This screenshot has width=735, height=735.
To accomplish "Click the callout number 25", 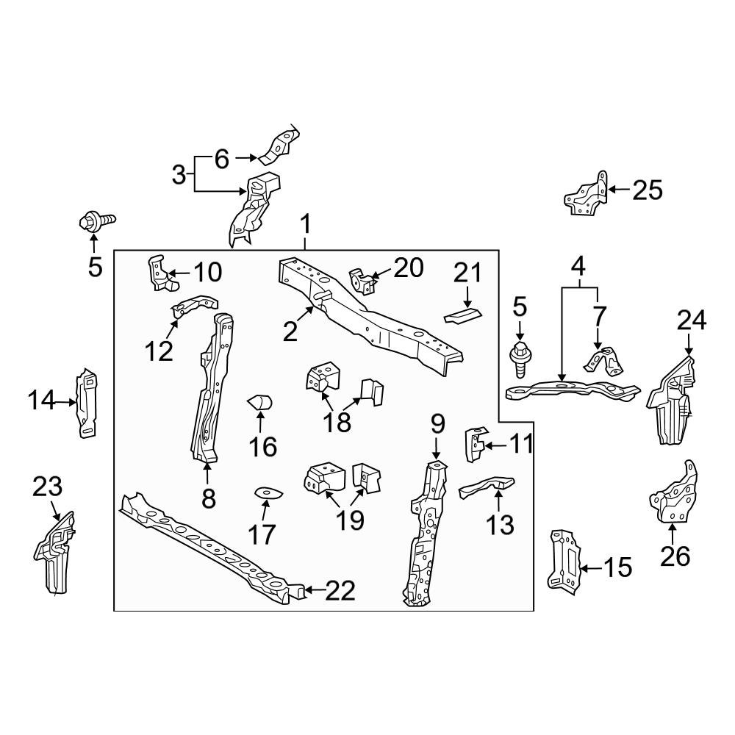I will (648, 190).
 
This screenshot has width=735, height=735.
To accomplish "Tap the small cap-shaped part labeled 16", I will (260, 403).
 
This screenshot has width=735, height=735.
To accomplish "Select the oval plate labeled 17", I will (264, 492).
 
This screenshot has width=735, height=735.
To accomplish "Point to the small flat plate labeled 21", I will (462, 315).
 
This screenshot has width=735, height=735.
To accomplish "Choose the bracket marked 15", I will (564, 559).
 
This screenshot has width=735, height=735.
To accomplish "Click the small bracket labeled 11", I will (474, 443).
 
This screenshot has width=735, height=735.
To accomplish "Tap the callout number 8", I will (209, 499).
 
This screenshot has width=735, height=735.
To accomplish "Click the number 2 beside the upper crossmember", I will (290, 332).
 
